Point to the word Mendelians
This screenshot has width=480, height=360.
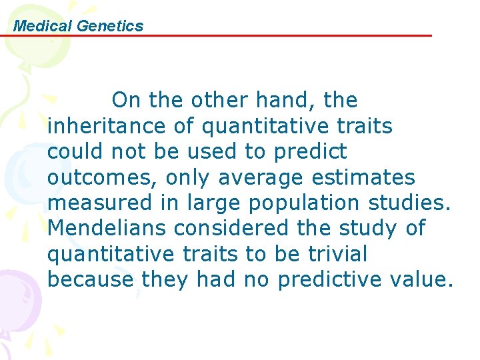[x=107, y=228]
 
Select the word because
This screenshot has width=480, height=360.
[x=91, y=279]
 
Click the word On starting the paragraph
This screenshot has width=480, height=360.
[x=127, y=101]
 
